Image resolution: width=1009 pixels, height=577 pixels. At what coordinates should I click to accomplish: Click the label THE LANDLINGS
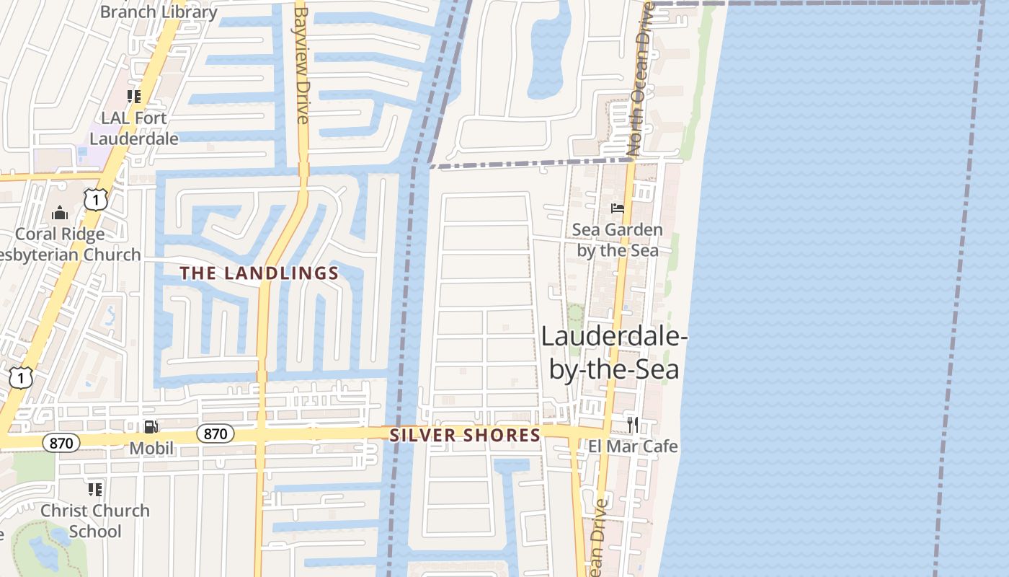coord(259,273)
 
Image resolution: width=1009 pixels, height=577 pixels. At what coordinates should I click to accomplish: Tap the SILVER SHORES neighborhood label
coord(465,435)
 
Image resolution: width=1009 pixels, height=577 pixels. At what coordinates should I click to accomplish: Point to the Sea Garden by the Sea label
coord(617,240)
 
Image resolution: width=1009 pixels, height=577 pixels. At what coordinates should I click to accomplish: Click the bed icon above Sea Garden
coord(618,208)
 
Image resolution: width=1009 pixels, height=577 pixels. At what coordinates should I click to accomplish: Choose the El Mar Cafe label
coord(633,446)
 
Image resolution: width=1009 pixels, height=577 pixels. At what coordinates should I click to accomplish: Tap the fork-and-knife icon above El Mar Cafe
coord(633,424)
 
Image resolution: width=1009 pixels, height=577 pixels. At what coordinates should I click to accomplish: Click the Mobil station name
coord(151,449)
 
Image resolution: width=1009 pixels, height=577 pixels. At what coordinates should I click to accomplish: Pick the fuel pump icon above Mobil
coord(151,427)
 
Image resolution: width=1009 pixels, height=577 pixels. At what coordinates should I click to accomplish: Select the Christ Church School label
coord(95,521)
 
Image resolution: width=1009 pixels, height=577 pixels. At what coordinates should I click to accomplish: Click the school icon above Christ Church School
coord(95,490)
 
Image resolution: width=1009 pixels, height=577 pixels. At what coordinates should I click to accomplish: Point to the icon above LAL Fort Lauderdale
coord(134,96)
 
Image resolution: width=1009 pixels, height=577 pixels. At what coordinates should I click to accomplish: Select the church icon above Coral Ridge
coord(60,213)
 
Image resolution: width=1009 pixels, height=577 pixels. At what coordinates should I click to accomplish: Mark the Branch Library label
coord(158,12)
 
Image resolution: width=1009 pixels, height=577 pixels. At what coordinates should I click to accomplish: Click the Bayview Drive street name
coord(302,65)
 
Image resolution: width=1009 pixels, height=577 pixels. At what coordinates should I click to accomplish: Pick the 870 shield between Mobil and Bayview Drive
coord(215,433)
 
